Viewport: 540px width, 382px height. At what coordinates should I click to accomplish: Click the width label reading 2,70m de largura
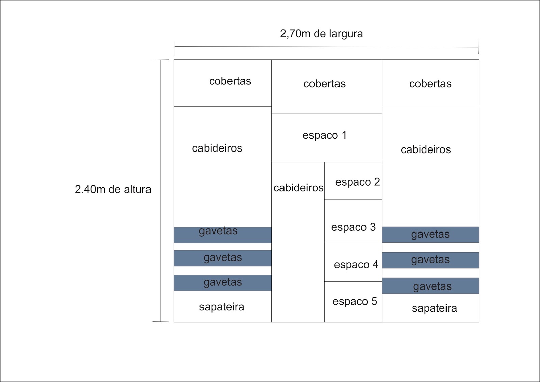pos(321,34)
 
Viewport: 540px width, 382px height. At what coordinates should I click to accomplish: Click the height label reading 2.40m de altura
pos(113,189)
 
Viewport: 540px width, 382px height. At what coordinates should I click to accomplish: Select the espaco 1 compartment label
pos(324,135)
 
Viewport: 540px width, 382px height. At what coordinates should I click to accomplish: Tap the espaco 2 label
pos(357,182)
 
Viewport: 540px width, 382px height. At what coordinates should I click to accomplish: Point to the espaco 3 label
pos(353,227)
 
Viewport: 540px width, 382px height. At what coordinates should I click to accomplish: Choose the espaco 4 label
pos(356,265)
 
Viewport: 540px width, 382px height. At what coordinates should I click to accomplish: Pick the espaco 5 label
pos(355,301)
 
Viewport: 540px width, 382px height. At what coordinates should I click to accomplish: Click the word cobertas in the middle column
pos(324,84)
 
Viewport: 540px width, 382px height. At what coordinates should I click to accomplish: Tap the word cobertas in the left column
pos(230,81)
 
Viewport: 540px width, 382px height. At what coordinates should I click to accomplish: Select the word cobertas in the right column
pos(430,84)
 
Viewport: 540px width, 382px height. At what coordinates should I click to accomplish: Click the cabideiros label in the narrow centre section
pos(298,188)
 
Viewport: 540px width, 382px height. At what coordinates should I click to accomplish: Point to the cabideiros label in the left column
pos(217,148)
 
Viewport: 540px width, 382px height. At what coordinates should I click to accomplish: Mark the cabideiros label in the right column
pos(426,150)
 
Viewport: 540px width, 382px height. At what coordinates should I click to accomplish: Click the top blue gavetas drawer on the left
pos(223,235)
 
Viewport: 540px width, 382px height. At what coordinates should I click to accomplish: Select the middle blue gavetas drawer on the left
pos(223,258)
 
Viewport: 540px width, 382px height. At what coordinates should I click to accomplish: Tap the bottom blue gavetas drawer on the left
pos(223,283)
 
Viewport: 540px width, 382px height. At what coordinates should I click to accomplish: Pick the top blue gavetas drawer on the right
pos(431,235)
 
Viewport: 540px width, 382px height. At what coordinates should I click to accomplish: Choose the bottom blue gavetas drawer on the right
pos(431,286)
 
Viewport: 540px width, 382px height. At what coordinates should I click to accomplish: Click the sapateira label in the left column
pos(221,307)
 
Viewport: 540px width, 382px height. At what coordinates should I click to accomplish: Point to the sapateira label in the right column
pos(434,308)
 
